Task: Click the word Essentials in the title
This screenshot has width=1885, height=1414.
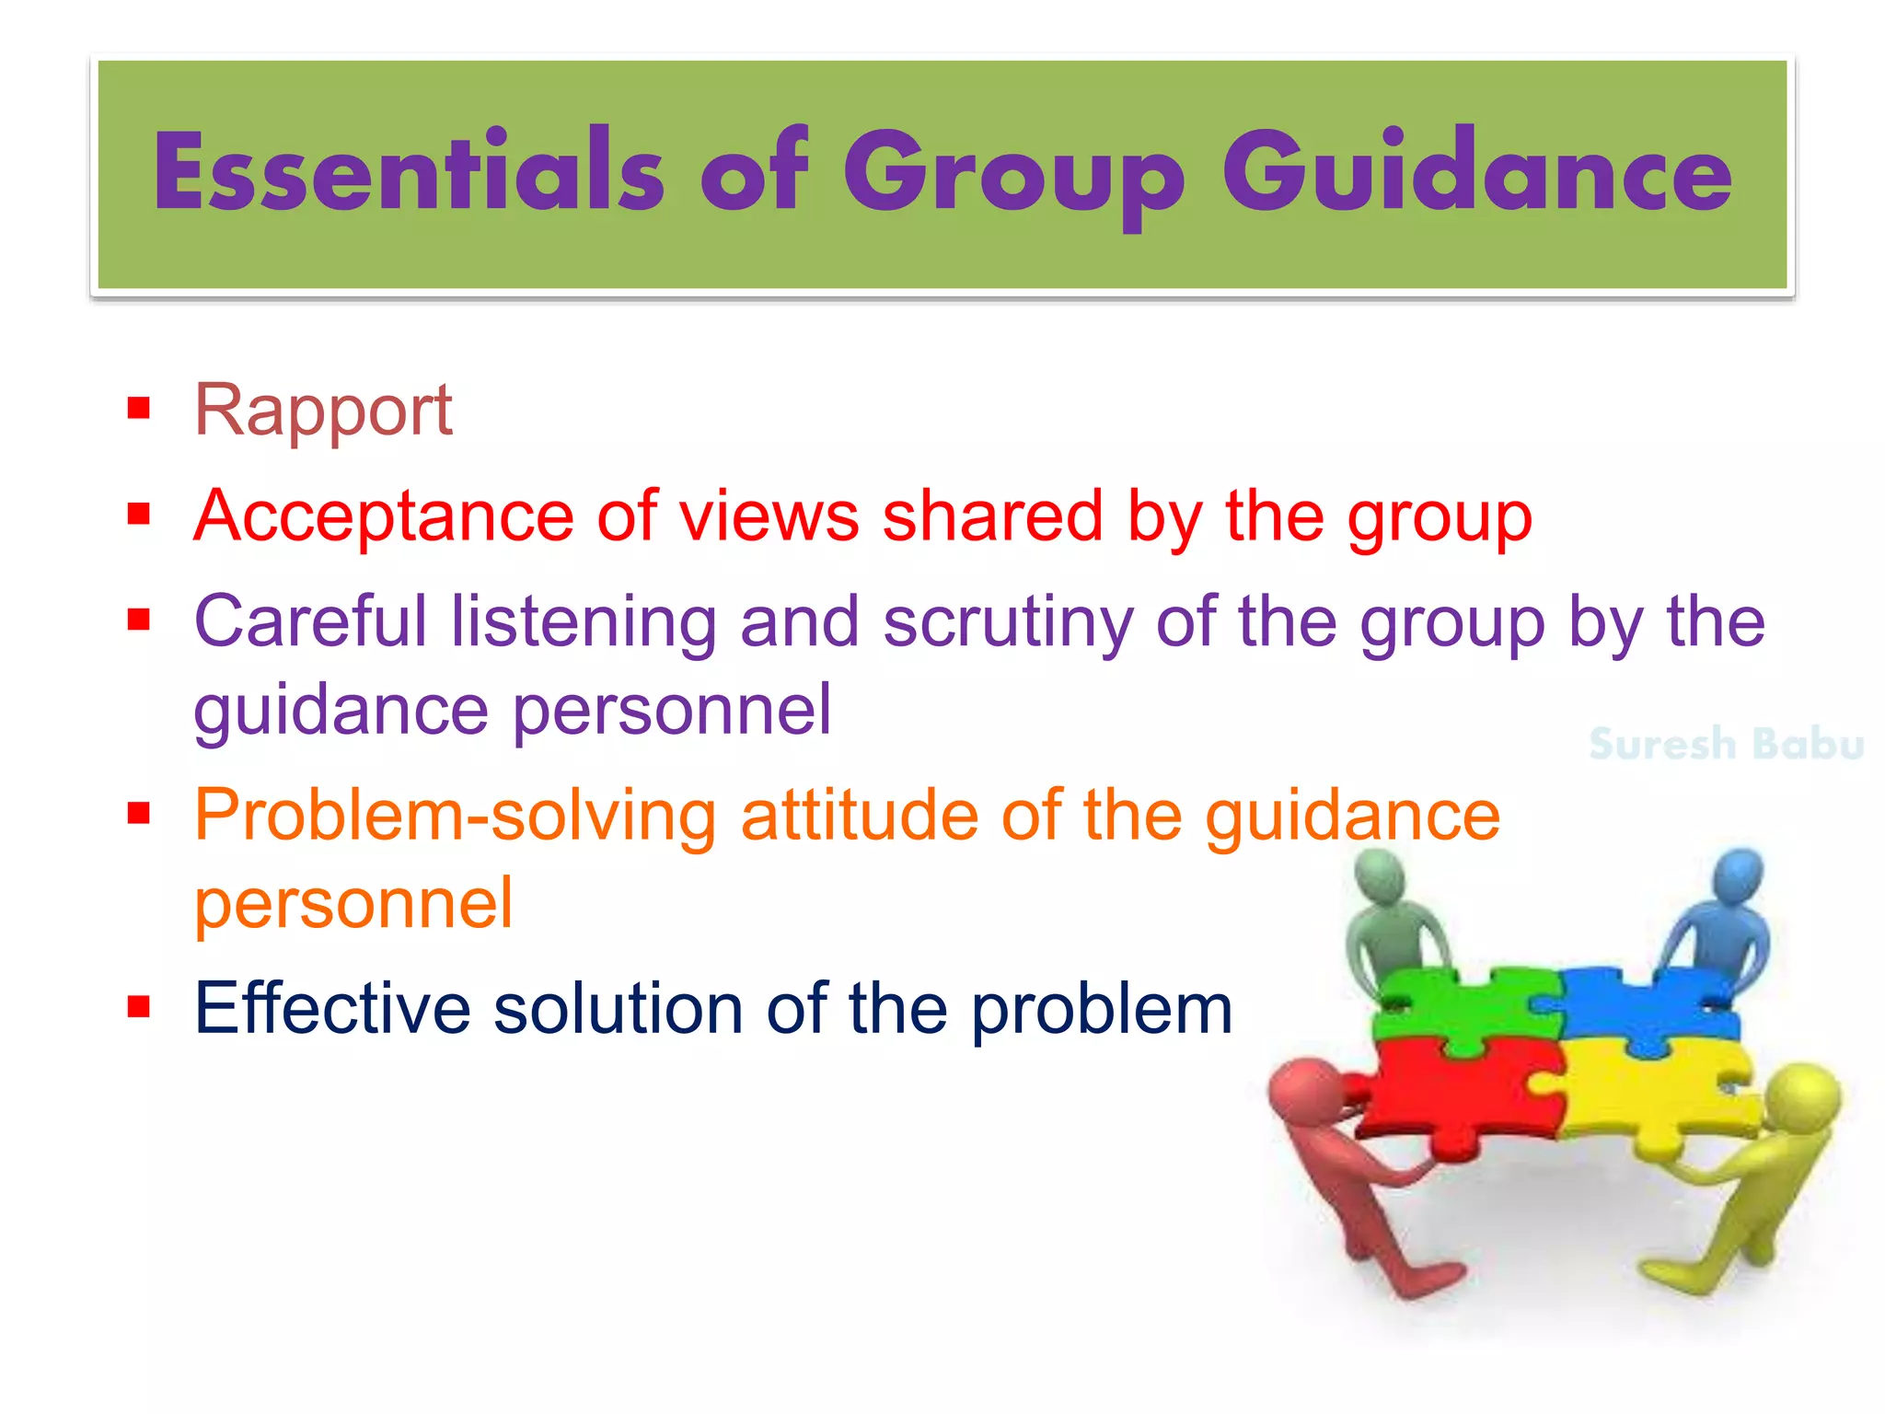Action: (409, 171)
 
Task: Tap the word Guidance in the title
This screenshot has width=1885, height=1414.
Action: (1476, 171)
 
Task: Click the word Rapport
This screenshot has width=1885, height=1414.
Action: (323, 410)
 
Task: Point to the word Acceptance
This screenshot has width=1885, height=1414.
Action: (384, 516)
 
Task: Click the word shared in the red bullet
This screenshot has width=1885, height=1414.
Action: (993, 516)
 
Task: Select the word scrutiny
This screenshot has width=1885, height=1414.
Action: (1008, 622)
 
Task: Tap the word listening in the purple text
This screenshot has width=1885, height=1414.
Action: (584, 622)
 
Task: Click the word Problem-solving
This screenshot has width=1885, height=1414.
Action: (456, 816)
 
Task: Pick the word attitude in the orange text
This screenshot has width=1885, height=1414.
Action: (860, 816)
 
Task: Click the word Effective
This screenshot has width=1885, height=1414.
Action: (332, 1009)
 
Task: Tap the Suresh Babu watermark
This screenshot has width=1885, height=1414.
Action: (1726, 744)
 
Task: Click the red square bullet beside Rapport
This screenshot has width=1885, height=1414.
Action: (139, 407)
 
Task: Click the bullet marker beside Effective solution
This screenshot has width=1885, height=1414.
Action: (139, 1006)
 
